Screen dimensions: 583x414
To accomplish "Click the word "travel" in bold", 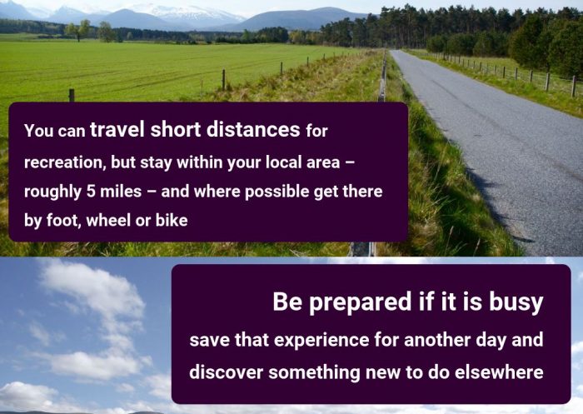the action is point(117,129).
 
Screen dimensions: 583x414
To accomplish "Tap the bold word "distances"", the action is point(253,129).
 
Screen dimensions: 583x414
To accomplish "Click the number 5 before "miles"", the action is point(91,192).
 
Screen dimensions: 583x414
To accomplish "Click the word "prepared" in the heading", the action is point(360,302).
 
